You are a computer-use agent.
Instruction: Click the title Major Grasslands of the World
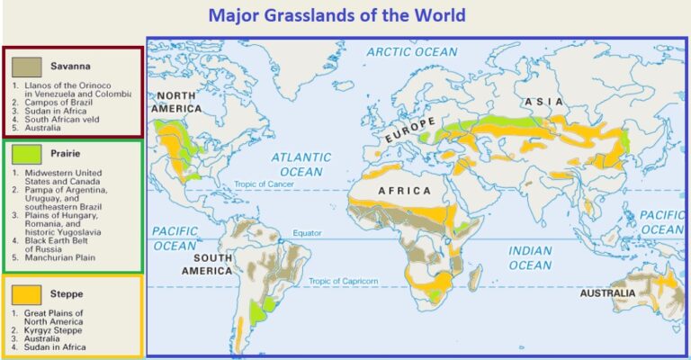tap(337, 15)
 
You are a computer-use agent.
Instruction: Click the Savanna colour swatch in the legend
tap(26, 66)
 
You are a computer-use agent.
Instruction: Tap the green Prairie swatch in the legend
tap(26, 154)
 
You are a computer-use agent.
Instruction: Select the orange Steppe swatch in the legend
tap(26, 293)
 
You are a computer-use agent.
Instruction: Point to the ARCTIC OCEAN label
tap(411, 52)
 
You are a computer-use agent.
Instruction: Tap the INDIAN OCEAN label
tap(530, 257)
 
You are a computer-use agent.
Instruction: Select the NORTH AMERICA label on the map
tap(176, 102)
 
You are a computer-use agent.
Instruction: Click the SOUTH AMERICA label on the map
tap(207, 264)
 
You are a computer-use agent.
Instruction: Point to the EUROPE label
tap(410, 134)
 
